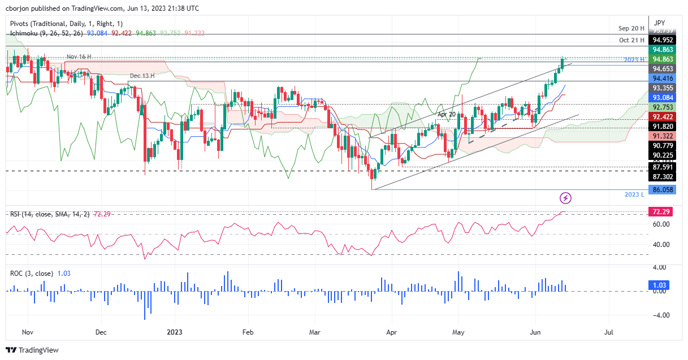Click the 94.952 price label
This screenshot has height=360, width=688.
pos(662,40)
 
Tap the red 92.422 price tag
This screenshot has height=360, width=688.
pos(662,117)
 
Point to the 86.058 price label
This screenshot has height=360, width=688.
pos(662,190)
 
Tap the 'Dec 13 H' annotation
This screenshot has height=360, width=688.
pos(142,75)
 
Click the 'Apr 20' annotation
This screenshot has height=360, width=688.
pos(447,114)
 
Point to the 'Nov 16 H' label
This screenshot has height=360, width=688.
pos(78,57)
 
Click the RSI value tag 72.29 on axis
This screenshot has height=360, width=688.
pos(660,211)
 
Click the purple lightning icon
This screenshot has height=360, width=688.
pos(566,198)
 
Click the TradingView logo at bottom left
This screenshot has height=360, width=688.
pos(32,350)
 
